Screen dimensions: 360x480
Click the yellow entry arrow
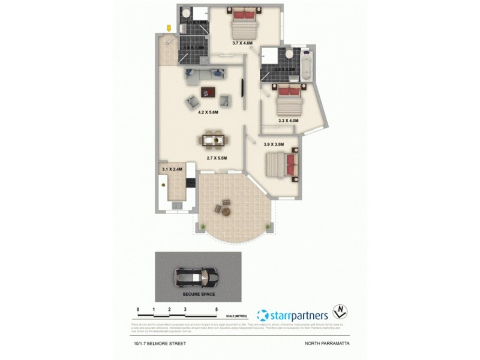pos(169,28)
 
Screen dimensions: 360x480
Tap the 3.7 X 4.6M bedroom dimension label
pos(244,42)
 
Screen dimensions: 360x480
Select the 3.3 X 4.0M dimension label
pos(289,121)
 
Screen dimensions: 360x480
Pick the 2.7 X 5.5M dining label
pos(217,158)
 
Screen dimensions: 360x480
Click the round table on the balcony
pos(227,212)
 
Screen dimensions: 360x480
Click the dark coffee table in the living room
pos(208,92)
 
